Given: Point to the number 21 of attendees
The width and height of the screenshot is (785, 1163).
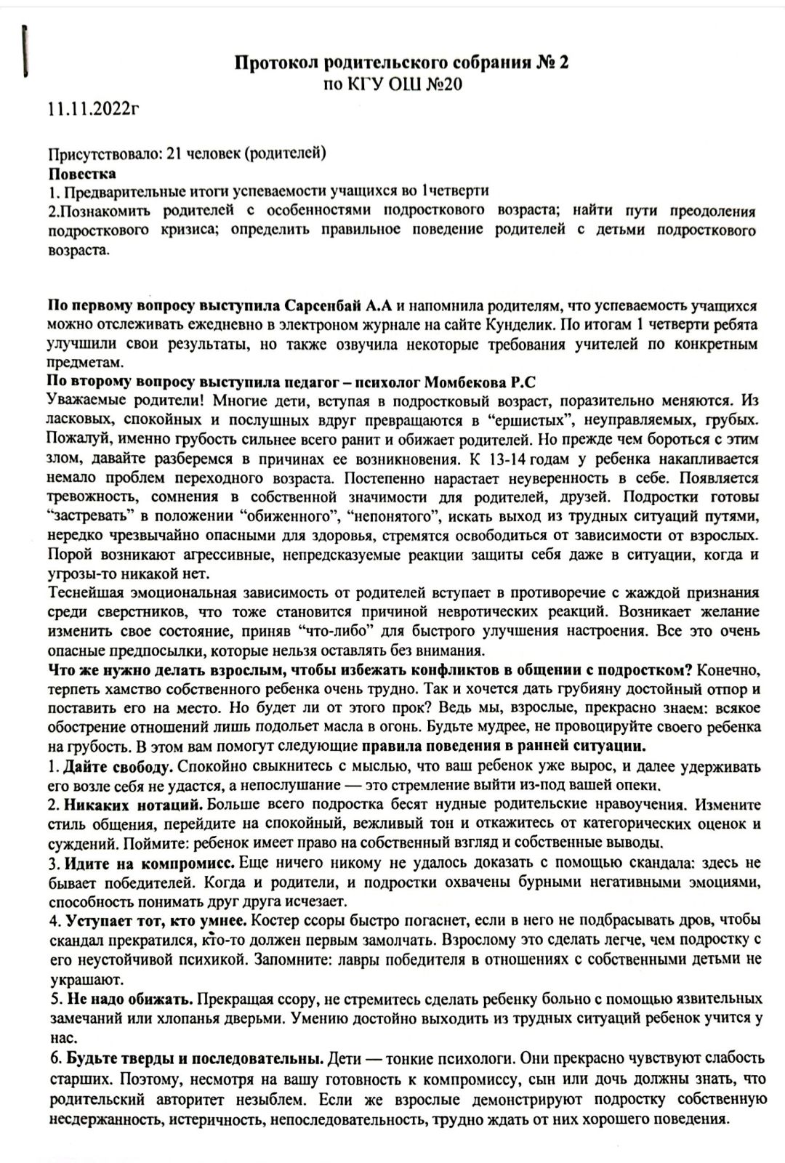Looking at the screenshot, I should click(x=173, y=154).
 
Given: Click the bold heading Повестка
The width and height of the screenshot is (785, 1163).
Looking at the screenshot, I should click(x=82, y=174).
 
